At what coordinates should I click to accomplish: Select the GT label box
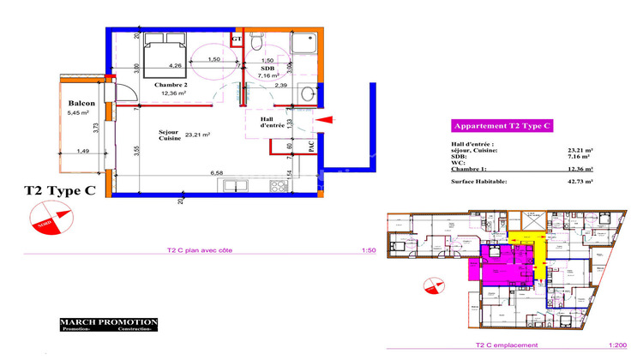(x=237, y=39)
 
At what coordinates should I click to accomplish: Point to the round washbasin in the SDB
(x=306, y=95)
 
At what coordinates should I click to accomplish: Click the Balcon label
(x=81, y=103)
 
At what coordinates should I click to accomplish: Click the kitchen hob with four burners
(x=279, y=184)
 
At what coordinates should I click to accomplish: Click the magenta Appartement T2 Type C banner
(x=502, y=125)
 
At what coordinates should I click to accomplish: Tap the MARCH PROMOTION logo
(x=108, y=324)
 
